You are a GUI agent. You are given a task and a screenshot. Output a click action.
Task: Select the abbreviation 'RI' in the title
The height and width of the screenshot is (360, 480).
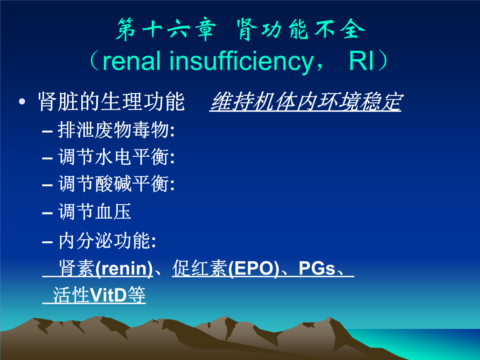tap(362, 61)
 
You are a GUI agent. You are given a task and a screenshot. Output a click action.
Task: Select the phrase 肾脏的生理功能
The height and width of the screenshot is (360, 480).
tap(111, 102)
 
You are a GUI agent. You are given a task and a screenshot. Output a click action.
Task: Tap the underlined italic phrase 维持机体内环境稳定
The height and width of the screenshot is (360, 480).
tap(305, 102)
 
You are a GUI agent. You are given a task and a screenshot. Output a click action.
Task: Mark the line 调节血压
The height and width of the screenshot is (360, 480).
tap(95, 212)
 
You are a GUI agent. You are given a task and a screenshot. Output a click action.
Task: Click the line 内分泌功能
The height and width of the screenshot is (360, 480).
tap(107, 241)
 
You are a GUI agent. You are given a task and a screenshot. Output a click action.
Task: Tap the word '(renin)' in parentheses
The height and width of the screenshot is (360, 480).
tap(124, 270)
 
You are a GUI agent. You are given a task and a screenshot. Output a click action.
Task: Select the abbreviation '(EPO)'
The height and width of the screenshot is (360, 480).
tap(254, 270)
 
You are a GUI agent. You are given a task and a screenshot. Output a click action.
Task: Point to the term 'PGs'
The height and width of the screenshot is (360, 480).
tap(317, 270)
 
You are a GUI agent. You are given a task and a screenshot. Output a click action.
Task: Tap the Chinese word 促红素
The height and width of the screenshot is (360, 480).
tap(200, 270)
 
